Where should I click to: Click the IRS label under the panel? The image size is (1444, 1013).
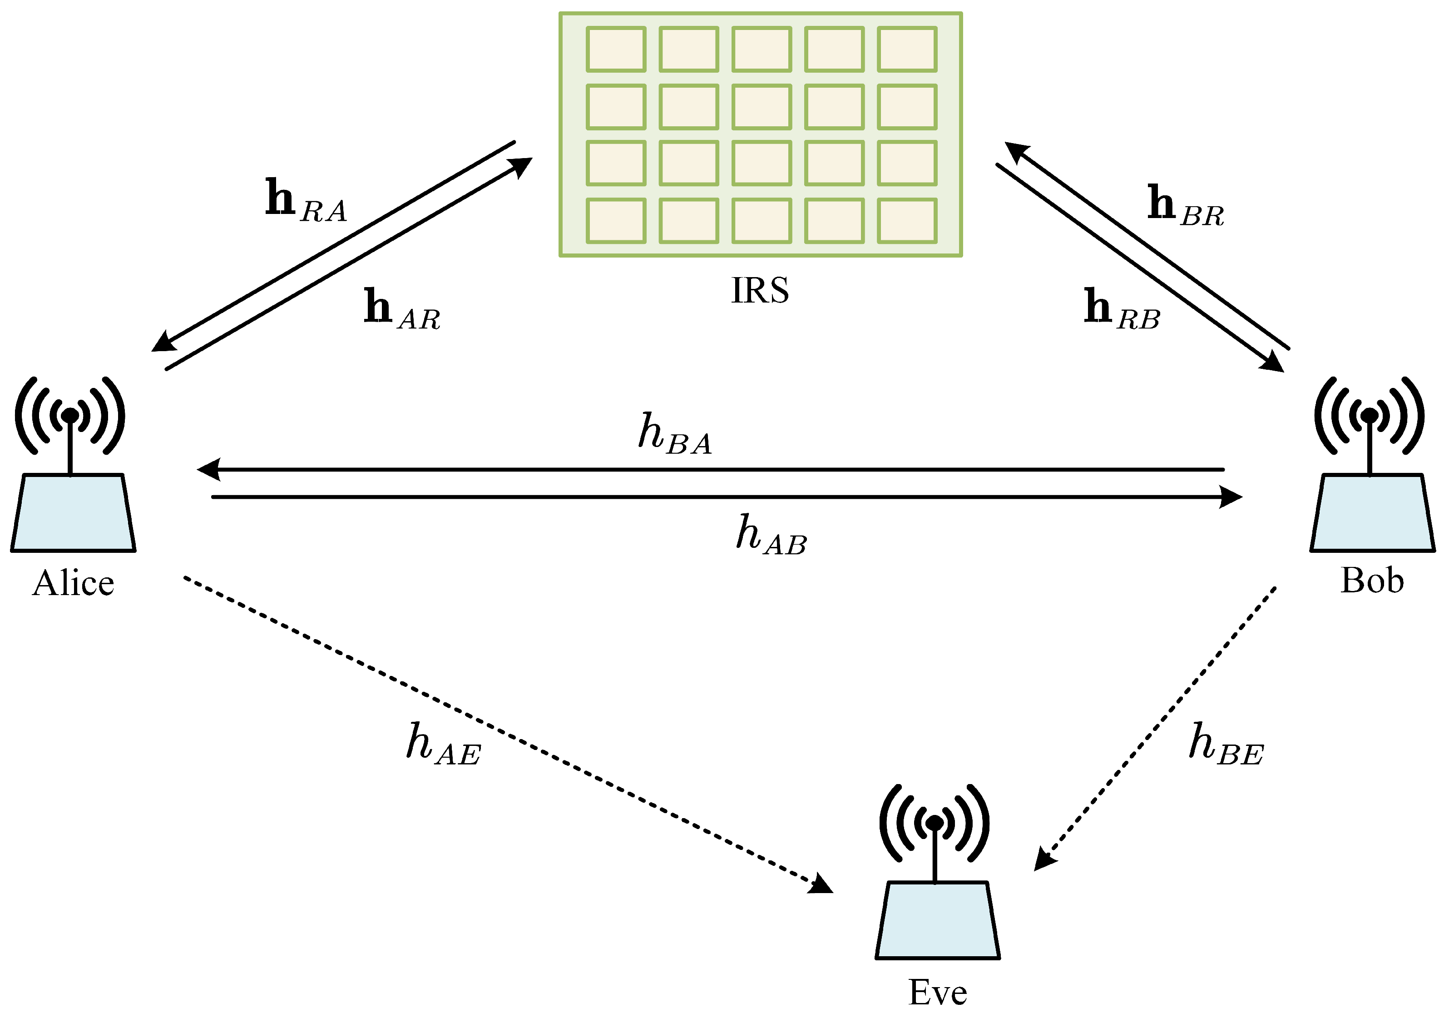[x=760, y=291]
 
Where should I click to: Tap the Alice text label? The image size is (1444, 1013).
[x=74, y=583]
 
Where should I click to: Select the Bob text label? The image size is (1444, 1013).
[x=1372, y=580]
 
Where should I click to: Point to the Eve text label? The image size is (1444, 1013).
[x=937, y=992]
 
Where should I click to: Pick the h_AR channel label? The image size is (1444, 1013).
[x=402, y=309]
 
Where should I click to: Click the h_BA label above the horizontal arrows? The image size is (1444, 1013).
[x=675, y=434]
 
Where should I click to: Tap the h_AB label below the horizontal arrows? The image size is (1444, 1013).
[x=771, y=535]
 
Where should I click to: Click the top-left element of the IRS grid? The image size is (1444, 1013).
[x=616, y=49]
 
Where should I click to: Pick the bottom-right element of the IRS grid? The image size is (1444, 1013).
[x=907, y=220]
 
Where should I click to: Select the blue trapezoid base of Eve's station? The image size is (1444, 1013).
[x=937, y=920]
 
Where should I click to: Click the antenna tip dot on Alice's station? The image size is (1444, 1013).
[x=70, y=415]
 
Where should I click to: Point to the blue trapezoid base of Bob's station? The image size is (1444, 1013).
[x=1372, y=513]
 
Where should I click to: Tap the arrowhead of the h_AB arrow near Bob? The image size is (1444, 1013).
[x=1231, y=497]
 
